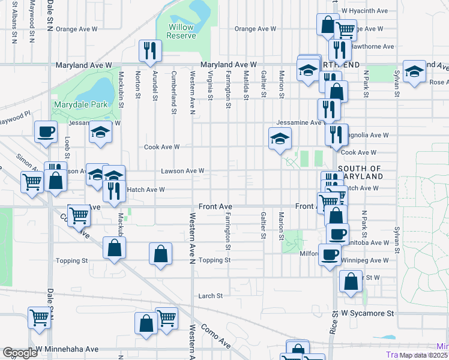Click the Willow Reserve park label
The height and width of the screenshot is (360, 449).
coord(181,31)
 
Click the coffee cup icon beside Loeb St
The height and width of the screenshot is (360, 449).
coord(46,131)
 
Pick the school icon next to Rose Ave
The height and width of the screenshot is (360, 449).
coord(414,71)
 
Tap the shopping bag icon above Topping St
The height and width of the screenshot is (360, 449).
coord(160,253)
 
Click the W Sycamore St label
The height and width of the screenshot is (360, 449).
coord(367,313)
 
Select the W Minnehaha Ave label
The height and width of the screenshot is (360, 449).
coord(67,349)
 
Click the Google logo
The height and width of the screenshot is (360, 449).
coord(20,353)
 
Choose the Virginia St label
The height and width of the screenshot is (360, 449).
coord(210,84)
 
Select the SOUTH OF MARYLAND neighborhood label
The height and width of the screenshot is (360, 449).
coord(360,173)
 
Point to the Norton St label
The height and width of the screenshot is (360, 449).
coord(138,84)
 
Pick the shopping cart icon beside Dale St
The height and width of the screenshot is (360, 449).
coord(40,317)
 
